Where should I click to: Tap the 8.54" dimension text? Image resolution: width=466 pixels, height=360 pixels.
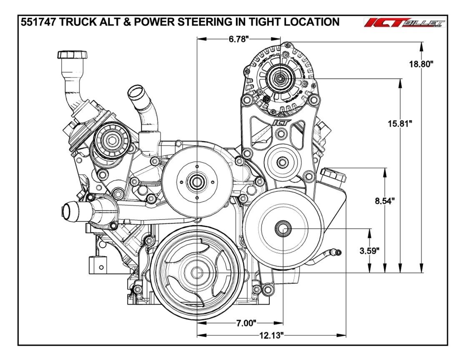tap(383, 201)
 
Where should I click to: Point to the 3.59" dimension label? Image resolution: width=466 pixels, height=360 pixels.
tap(369, 251)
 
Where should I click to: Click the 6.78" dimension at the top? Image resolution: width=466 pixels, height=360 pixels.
tap(239, 39)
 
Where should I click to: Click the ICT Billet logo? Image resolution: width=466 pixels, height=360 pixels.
tap(404, 23)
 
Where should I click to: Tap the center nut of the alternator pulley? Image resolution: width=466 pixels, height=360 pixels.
tap(281, 77)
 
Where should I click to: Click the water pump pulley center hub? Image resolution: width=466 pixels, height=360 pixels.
tap(196, 182)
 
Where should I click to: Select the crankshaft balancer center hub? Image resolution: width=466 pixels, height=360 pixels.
tap(196, 272)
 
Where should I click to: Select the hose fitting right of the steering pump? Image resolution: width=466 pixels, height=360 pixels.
tap(336, 252)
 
